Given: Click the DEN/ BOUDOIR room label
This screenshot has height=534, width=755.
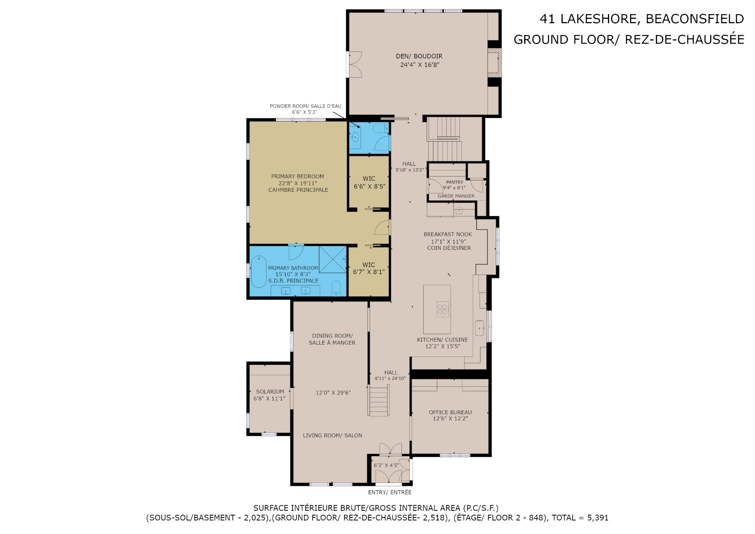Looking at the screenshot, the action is [419, 56].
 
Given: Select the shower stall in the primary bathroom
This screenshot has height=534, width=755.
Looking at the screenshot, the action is [332, 259].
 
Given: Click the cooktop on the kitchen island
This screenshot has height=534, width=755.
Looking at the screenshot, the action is [443, 309].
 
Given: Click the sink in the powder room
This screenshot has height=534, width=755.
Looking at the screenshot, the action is [355, 137].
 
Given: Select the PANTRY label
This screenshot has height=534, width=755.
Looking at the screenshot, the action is [455, 182].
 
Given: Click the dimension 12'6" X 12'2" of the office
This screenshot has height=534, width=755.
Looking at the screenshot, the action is [450, 419].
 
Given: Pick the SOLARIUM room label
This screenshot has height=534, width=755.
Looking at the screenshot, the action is [270, 392].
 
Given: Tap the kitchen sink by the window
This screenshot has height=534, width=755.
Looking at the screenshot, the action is [480, 328].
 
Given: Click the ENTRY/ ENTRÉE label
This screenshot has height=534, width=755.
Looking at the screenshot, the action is [390, 492].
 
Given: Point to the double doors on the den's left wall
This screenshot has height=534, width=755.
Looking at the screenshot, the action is [355, 65].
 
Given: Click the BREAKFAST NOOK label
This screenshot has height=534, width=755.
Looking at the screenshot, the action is [447, 234].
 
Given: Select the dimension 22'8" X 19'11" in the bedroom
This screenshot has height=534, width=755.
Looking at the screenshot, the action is [298, 183].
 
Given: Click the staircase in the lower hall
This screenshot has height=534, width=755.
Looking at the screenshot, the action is [379, 401].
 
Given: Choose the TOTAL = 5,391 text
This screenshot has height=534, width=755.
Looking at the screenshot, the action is [580, 518].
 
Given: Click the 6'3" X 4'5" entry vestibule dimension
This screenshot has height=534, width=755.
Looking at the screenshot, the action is [386, 465].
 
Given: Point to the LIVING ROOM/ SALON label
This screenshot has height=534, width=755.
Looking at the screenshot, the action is [333, 435].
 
